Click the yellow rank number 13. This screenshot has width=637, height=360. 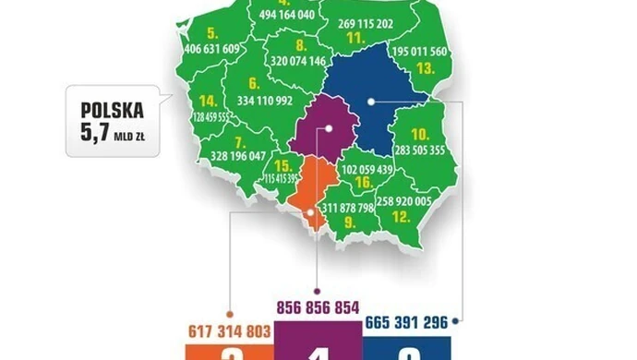(x=426, y=68)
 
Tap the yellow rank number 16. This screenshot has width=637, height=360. (x=365, y=184)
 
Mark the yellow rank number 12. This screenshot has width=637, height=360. (x=401, y=217)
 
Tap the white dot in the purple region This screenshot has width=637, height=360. (x=327, y=130)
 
